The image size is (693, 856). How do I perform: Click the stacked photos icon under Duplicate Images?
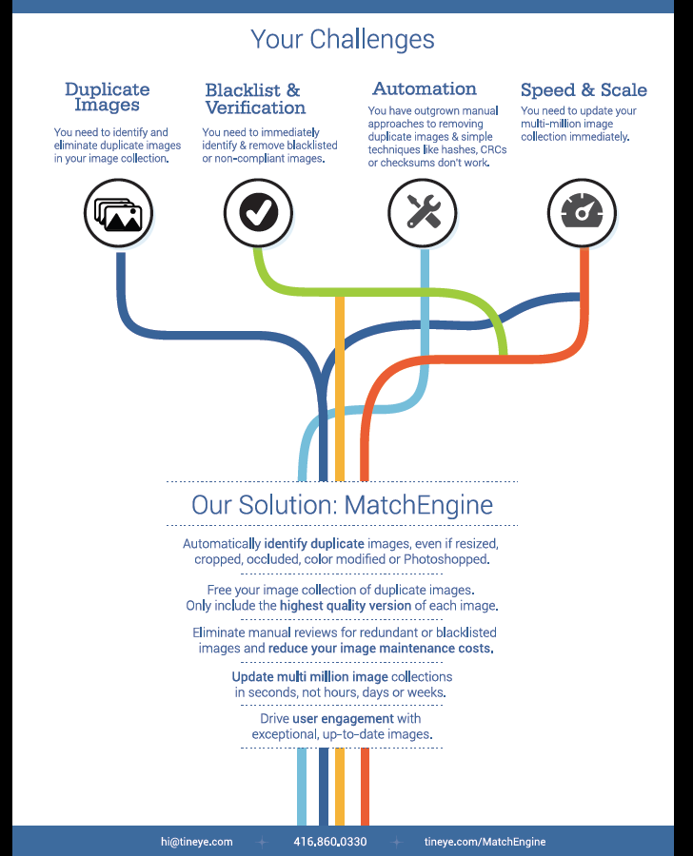tap(118, 213)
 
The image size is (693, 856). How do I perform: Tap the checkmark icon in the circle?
tap(259, 212)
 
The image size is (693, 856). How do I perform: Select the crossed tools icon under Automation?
tap(424, 212)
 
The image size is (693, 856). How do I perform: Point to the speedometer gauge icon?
tap(582, 211)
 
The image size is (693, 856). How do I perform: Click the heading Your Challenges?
tap(343, 39)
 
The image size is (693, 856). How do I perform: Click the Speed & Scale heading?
tap(584, 89)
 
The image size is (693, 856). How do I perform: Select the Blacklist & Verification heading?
tap(255, 99)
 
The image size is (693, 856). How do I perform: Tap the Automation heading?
tap(425, 88)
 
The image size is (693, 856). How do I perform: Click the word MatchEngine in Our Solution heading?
tap(419, 504)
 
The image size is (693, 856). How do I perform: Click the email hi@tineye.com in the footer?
tap(197, 842)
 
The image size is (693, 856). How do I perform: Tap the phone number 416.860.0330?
tap(330, 842)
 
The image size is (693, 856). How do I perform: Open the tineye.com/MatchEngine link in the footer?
tap(485, 842)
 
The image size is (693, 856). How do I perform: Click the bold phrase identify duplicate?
tap(314, 544)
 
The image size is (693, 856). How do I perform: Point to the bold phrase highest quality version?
tap(346, 606)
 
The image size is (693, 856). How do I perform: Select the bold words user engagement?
tap(344, 718)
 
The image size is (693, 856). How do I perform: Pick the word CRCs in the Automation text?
tap(493, 149)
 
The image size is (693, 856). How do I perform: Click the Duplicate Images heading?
tap(108, 97)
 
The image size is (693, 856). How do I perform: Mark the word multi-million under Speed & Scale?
tap(551, 124)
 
